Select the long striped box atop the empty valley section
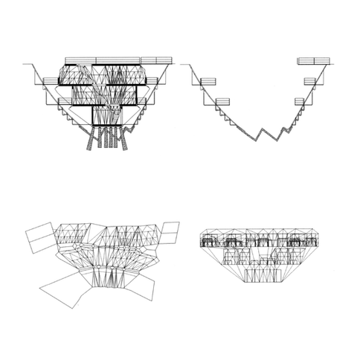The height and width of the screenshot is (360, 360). [312, 60]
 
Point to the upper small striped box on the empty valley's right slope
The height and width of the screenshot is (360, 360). [309, 80]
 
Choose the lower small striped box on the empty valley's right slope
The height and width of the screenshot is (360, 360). [299, 100]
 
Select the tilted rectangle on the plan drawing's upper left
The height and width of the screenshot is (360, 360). [39, 239]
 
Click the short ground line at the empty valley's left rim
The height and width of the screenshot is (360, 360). [184, 65]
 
